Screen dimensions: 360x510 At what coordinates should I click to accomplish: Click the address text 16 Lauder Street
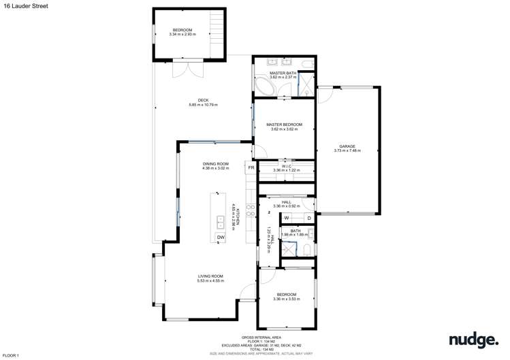[21, 5]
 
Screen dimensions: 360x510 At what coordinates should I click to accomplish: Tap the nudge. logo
[471, 340]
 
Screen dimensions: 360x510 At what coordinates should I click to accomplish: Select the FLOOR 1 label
[10, 355]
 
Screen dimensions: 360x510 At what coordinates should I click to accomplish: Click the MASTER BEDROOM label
[284, 125]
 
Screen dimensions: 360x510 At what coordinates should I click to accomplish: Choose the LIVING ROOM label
[210, 276]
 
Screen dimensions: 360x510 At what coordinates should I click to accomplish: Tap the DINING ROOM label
[215, 164]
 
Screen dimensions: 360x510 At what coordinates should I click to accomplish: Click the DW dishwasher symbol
[221, 237]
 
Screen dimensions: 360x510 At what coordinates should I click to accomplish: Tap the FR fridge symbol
[251, 167]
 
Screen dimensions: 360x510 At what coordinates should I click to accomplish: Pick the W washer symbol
[287, 218]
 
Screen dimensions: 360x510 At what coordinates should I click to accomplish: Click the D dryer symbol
[308, 218]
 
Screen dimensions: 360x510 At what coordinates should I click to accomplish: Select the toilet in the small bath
[308, 251]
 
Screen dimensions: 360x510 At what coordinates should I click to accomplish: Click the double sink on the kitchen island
[221, 221]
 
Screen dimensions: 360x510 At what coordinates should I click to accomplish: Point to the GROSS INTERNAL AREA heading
[261, 338]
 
